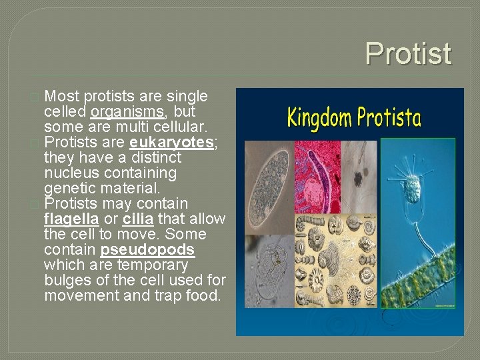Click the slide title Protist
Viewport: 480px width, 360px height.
(408, 54)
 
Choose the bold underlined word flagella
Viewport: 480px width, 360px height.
(71, 219)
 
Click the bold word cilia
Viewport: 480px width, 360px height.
(137, 219)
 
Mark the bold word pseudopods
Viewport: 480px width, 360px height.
(147, 250)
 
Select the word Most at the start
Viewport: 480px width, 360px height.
(62, 96)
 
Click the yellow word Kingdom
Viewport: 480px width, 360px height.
(318, 118)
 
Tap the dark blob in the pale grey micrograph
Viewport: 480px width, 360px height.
(358, 178)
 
